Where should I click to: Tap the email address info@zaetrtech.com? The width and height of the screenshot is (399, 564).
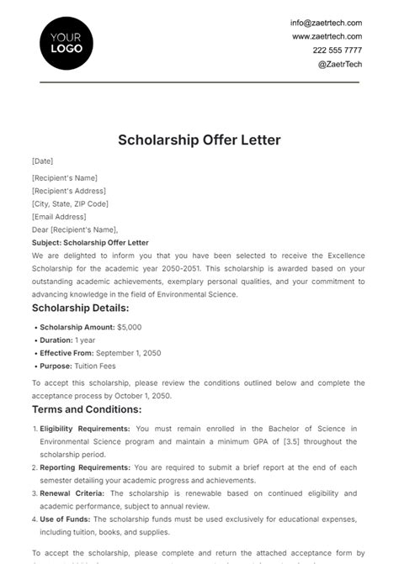[x=326, y=23]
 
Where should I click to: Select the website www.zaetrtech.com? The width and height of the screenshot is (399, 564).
[x=327, y=36]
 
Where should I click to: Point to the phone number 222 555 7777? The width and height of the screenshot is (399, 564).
[x=337, y=50]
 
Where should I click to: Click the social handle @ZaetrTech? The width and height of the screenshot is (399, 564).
[x=339, y=63]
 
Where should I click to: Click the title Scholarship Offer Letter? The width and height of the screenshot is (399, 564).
[x=199, y=140]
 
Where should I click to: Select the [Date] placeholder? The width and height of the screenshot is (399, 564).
[x=42, y=161]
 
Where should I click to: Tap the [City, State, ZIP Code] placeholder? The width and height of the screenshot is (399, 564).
[x=70, y=203]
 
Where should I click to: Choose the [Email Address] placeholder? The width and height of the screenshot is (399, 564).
[x=59, y=216]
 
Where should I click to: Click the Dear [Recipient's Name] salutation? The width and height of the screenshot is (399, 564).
[x=75, y=229]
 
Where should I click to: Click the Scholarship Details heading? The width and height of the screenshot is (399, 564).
[x=81, y=308]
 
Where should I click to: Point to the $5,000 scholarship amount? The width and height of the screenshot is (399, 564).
[x=130, y=326]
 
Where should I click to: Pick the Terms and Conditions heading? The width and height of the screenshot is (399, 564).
[x=87, y=409]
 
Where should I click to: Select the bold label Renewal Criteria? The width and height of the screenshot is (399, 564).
[x=73, y=493]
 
